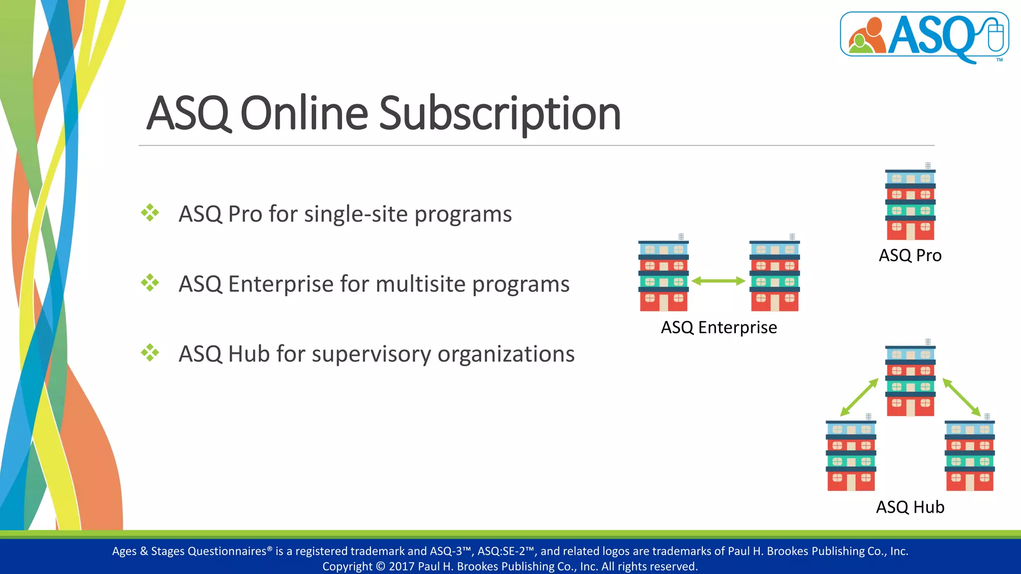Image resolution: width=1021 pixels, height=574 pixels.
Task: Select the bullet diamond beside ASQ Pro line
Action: click(150, 213)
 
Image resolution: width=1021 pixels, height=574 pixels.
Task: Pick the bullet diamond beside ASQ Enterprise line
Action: click(150, 283)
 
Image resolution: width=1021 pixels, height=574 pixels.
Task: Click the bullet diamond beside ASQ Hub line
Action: click(150, 353)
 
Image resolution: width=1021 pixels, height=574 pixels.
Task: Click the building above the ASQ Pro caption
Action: click(910, 204)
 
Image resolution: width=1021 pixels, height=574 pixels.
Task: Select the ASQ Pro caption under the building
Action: click(910, 256)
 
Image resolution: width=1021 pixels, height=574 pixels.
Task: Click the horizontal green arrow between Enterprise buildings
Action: click(718, 281)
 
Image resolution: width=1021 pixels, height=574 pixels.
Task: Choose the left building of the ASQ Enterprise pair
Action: click(664, 276)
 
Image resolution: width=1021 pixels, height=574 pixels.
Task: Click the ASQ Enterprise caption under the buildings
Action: click(718, 327)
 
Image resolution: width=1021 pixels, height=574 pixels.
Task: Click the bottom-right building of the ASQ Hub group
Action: click(970, 455)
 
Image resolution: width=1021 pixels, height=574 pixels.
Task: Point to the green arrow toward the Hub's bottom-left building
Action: click(859, 397)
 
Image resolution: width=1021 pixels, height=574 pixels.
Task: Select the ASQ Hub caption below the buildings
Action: click(910, 507)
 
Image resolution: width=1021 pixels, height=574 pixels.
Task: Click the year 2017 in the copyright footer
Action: click(401, 567)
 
